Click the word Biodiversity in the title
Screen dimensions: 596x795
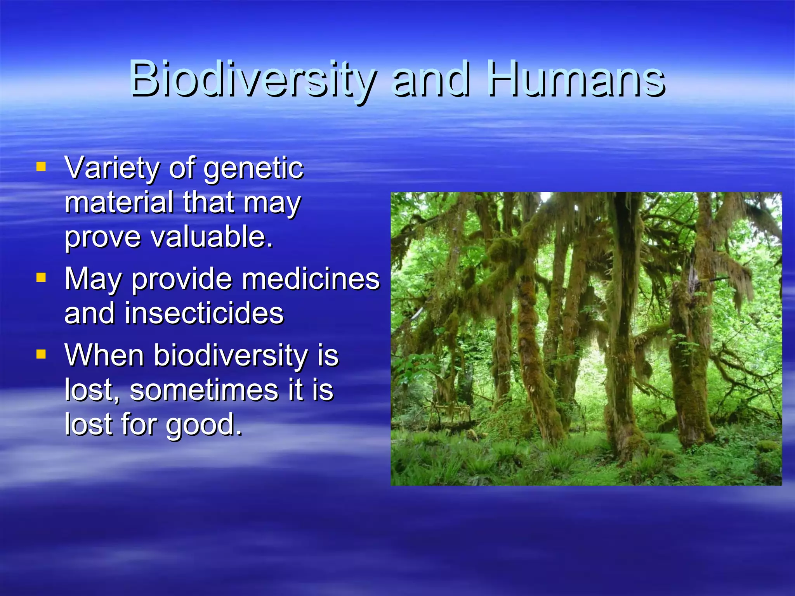(x=252, y=80)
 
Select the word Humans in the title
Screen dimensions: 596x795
(x=576, y=80)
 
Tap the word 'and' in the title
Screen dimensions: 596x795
(x=431, y=80)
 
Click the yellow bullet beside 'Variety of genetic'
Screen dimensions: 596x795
(x=41, y=167)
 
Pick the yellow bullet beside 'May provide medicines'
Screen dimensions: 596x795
(x=41, y=277)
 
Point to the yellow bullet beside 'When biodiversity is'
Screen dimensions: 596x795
(x=41, y=354)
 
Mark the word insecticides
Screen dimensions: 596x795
(x=204, y=313)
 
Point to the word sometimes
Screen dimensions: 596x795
(x=203, y=390)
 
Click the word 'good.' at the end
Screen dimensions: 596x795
(x=204, y=425)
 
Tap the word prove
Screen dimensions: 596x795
(x=102, y=237)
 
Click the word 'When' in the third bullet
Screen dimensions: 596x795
(x=104, y=355)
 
